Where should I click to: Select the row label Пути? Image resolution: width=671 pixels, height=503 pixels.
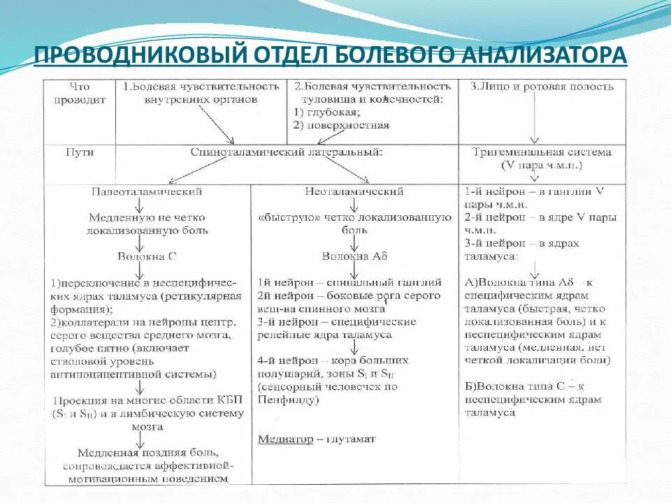79,152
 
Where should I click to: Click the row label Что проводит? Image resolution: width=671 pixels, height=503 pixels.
80,93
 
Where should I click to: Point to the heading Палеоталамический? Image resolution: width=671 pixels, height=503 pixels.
147,191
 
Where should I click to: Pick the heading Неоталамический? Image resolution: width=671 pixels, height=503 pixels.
354,191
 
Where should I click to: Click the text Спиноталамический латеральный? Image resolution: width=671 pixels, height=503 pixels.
287,152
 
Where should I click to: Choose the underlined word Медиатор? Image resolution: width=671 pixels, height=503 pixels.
282,439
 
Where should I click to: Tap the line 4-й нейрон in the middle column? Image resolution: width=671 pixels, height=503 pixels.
333,360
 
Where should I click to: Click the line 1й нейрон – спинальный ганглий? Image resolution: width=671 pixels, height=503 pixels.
349,282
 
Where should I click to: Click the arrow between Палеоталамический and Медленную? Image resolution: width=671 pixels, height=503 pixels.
140,204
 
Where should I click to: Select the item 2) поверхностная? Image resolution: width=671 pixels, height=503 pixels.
342,126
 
